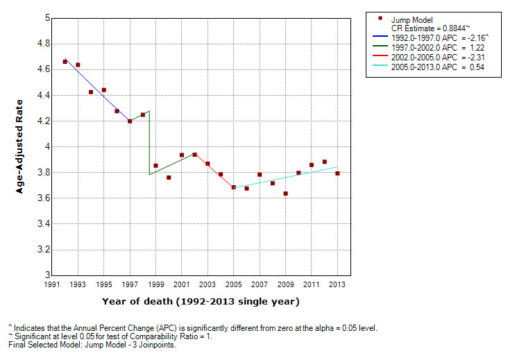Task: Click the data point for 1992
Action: [x=65, y=62]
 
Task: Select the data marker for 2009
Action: [x=286, y=194]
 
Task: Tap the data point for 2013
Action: [x=337, y=173]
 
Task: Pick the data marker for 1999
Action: [x=155, y=166]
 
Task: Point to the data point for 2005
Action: [x=234, y=187]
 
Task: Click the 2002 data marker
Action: [x=195, y=155]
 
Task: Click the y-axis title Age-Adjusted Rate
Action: [x=22, y=147]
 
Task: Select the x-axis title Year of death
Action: [x=201, y=301]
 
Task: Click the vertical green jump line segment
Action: [x=149, y=142]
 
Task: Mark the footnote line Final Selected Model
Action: [x=92, y=345]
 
